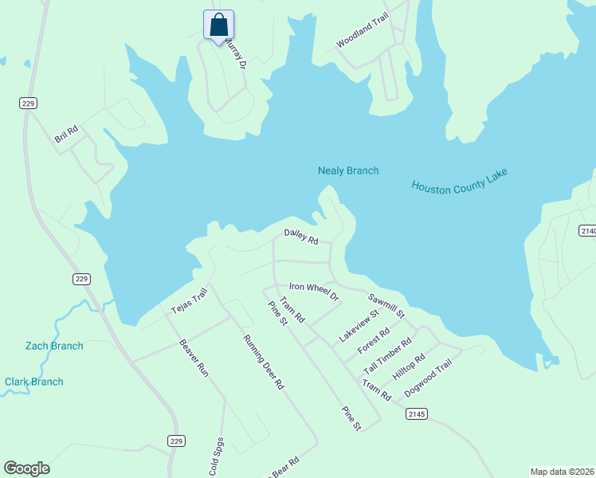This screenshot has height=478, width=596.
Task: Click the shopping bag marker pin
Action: [x=218, y=25]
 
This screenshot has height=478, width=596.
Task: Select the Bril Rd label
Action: [x=66, y=134]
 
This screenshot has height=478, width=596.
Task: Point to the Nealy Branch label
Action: [x=348, y=170]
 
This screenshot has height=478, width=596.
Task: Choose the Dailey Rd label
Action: [x=301, y=236]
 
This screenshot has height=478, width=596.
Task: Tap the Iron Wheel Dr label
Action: [x=314, y=291]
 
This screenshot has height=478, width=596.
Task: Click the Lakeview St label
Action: [x=359, y=327]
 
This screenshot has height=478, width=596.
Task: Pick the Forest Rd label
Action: [x=374, y=340]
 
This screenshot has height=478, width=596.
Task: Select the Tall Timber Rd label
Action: [x=387, y=355]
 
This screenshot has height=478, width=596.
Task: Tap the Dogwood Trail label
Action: [x=428, y=378]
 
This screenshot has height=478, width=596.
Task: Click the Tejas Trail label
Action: [x=189, y=301]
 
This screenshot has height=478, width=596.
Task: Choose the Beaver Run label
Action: [x=194, y=358]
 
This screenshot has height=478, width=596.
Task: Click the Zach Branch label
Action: [x=54, y=346]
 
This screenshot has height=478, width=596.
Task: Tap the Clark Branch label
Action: [x=34, y=382]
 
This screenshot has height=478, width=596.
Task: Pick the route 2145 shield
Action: [x=416, y=413]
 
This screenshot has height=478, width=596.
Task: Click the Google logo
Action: [x=26, y=468]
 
